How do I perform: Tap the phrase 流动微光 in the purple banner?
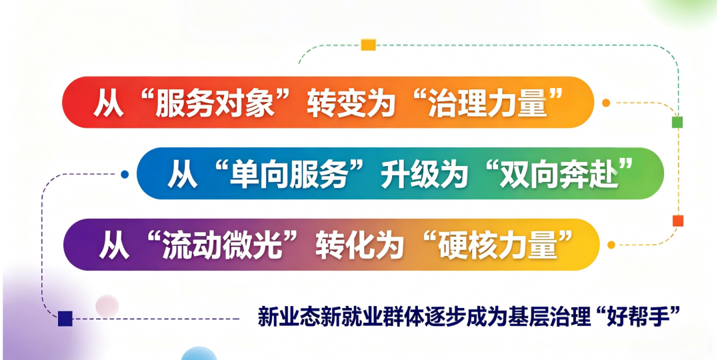click(222, 245)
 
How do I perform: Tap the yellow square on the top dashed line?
click(368, 45)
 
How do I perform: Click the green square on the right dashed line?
click(677, 122)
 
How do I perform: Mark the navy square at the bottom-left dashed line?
click(65, 318)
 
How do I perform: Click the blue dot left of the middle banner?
click(125, 174)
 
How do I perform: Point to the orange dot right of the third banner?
click(611, 245)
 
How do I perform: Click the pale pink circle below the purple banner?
click(107, 306)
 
